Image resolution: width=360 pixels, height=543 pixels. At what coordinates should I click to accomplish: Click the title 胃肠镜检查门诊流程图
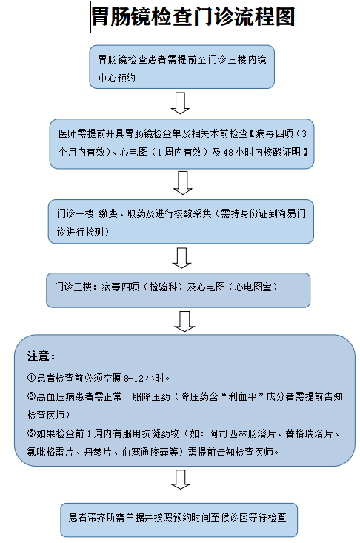point(193,16)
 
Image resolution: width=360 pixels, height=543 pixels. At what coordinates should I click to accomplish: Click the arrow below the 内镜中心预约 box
point(180,103)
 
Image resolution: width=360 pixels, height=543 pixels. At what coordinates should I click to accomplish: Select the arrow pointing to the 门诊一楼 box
point(183,182)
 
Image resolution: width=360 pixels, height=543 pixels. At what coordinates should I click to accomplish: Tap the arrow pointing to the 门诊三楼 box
point(181,258)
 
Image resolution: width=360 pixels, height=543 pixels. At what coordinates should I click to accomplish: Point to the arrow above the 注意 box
point(184,321)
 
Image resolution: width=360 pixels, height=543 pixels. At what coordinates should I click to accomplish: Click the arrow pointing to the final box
point(180,479)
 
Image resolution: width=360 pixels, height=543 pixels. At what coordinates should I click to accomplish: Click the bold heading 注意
point(41,356)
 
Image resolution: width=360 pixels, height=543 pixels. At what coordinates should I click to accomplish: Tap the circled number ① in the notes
point(32,377)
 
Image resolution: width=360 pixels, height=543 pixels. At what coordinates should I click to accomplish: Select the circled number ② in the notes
point(32,396)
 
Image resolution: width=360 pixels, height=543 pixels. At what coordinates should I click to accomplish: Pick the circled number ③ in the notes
point(32,433)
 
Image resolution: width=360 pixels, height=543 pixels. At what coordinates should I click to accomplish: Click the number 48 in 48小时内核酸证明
point(228,152)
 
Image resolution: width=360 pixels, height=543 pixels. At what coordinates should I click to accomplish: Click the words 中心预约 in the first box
point(116,78)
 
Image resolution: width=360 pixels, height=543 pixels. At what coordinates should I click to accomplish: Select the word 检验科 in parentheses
point(164,287)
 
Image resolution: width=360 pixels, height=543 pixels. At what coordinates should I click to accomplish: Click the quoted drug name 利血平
point(242,396)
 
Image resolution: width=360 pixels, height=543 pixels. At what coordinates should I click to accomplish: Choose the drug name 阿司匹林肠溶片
point(242,433)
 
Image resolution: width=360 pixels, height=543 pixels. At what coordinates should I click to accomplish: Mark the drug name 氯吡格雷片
point(50,452)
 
